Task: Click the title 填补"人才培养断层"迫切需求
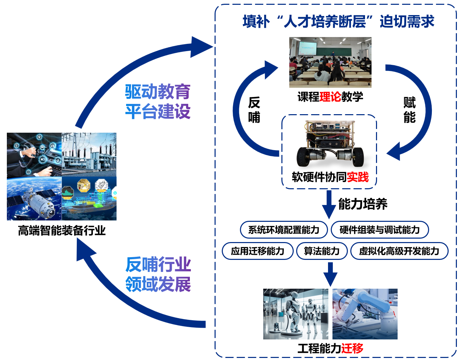(338, 22)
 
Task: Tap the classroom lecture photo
(330, 62)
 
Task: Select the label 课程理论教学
(330, 97)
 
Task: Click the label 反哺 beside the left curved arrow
(254, 110)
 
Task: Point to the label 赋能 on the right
(409, 110)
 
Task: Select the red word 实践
(358, 177)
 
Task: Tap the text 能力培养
(363, 204)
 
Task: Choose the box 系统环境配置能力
(283, 230)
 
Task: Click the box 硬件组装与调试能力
(379, 230)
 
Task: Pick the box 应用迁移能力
(257, 251)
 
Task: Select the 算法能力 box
(322, 251)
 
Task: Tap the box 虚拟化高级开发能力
(399, 251)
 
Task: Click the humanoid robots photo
(295, 314)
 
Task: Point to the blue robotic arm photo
(365, 314)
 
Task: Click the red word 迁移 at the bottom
(352, 348)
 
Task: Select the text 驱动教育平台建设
(158, 101)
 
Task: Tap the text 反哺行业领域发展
(158, 274)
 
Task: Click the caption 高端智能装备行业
(62, 231)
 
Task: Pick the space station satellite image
(34, 199)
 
